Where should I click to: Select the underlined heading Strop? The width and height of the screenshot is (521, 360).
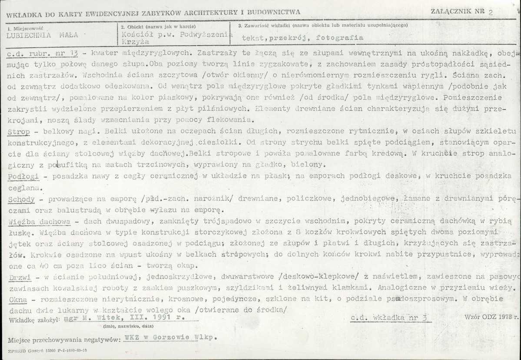pos(17,131)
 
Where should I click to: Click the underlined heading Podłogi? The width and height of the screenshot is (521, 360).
pos(23,177)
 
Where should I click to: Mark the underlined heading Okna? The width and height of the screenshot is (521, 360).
pos(18,300)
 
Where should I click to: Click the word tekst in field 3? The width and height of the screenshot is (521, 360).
pos(253,38)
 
